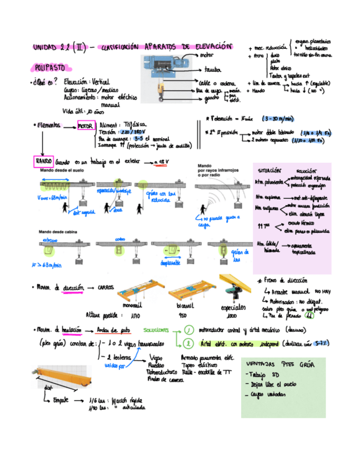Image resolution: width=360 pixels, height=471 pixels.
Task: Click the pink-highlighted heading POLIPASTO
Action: click(49, 68)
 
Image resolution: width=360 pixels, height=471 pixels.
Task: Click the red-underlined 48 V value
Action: click(161, 162)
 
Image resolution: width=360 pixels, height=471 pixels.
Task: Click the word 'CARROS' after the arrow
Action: click(106, 288)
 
